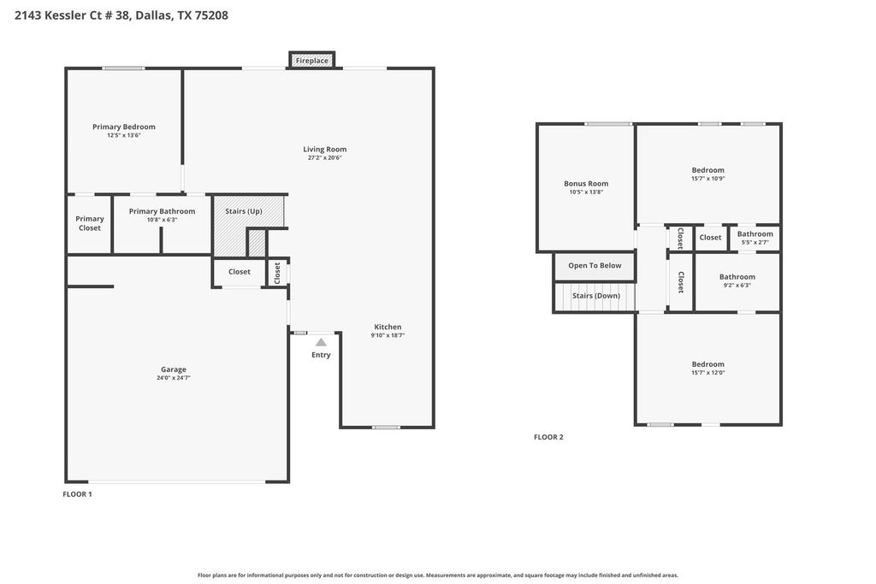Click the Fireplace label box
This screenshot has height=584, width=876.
[x=311, y=61]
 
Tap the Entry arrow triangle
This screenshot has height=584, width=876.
[x=321, y=342]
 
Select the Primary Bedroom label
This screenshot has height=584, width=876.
[x=124, y=127]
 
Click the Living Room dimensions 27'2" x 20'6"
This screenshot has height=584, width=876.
[x=324, y=158]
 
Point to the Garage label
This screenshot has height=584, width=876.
[x=174, y=369]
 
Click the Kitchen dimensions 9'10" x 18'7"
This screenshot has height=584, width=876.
[x=388, y=335]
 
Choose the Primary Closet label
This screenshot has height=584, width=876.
[x=89, y=223]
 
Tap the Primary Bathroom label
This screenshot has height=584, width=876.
[x=162, y=211]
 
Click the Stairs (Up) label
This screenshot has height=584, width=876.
[x=244, y=211]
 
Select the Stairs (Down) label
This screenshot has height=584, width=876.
[x=596, y=295]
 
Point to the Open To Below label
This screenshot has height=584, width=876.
[x=595, y=265]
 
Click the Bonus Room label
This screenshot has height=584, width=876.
[x=586, y=183]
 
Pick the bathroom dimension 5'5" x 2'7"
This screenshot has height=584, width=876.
[x=755, y=242]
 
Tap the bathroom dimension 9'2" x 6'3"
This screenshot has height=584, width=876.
[x=737, y=286]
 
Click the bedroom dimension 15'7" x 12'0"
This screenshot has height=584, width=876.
[x=708, y=373]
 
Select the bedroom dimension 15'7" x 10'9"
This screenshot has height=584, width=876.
[x=708, y=179]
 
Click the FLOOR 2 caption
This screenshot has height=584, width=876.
[x=548, y=437]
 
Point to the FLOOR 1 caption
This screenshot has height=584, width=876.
[x=78, y=494]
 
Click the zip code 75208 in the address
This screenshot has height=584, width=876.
[x=210, y=15]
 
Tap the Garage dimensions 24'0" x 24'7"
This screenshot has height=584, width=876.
[x=174, y=378]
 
